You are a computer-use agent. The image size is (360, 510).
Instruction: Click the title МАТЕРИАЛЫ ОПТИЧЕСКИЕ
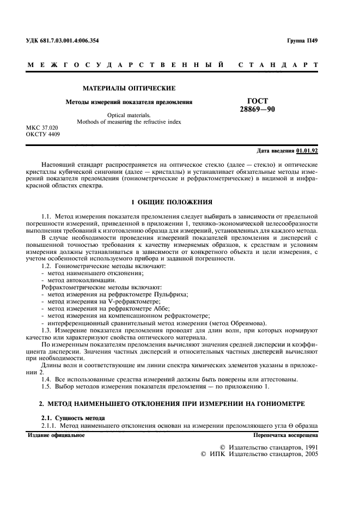[129, 88]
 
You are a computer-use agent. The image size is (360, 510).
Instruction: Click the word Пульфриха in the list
[169, 294]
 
